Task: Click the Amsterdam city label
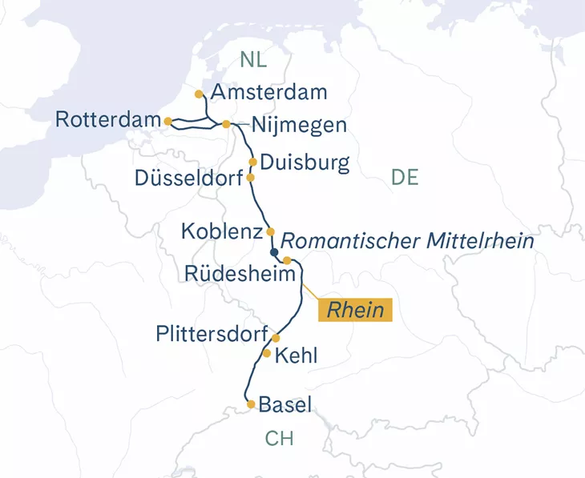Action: pos(268,92)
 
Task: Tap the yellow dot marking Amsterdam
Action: pos(199,94)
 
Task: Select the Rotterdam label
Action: pos(108,120)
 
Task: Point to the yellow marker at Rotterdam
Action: pos(167,121)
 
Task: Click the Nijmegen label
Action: pos(299,126)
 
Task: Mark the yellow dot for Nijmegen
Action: pos(227,124)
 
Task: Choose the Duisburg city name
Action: pos(305,163)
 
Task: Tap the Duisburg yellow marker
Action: pos(253,162)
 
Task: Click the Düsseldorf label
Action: pos(190,177)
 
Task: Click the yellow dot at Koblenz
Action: pos(270,231)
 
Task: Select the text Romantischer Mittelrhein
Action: pos(407,239)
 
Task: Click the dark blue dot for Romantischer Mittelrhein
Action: pos(275,251)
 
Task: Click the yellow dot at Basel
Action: pos(252,404)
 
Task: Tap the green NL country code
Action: pos(253,59)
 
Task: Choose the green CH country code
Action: pos(280,439)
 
